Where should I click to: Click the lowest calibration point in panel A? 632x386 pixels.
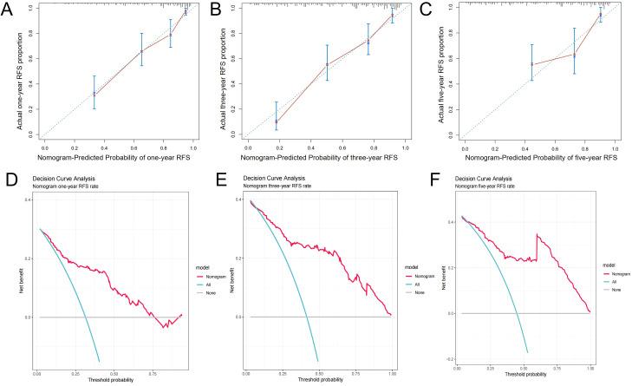(x=94, y=94)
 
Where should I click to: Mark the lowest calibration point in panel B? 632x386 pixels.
(x=277, y=121)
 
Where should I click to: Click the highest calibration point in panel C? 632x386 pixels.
(x=601, y=15)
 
